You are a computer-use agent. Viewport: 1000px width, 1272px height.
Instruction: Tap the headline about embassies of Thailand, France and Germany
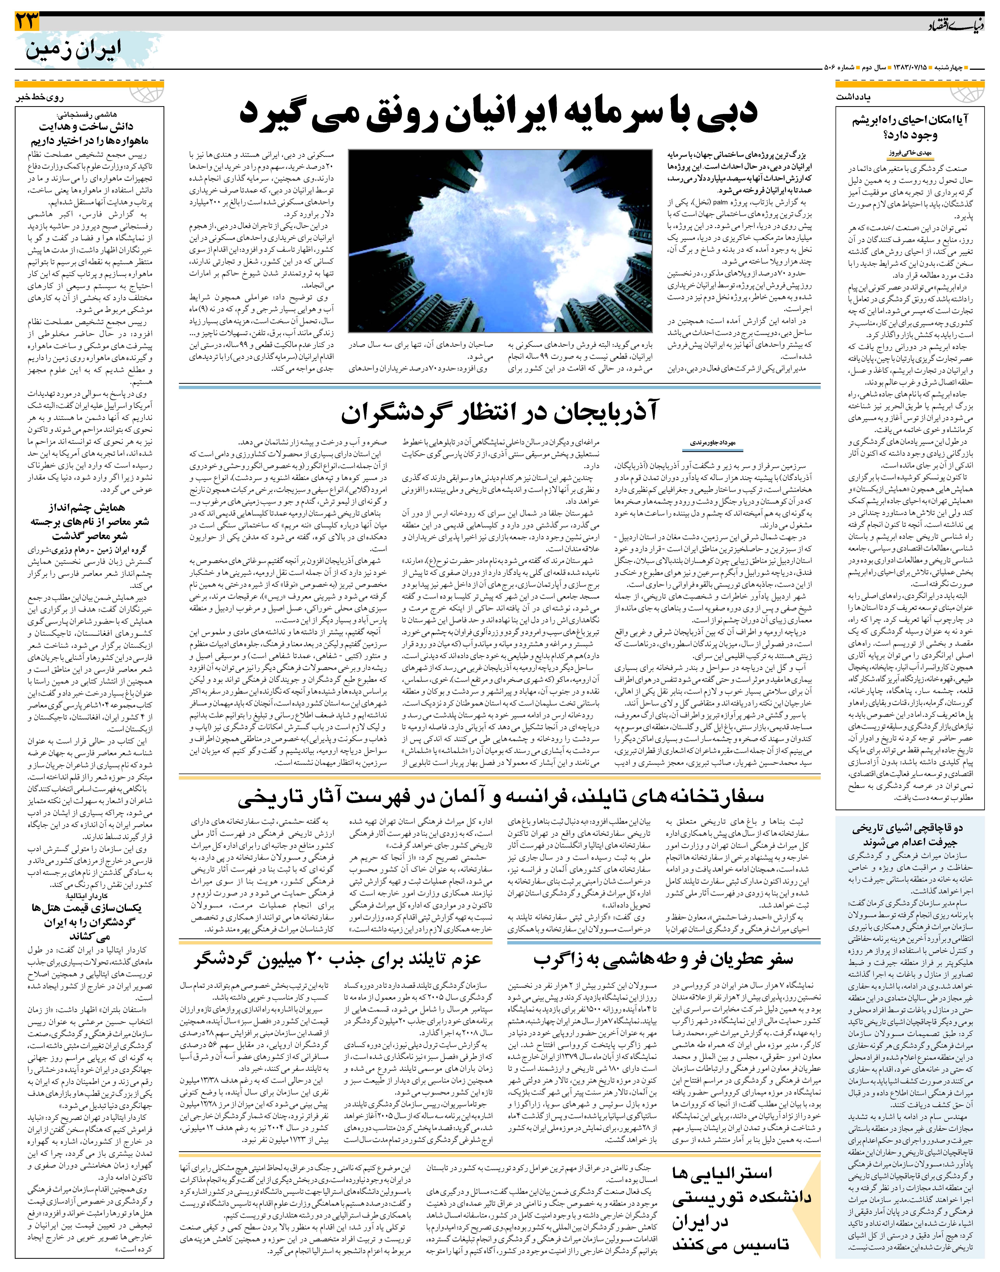click(x=501, y=797)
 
